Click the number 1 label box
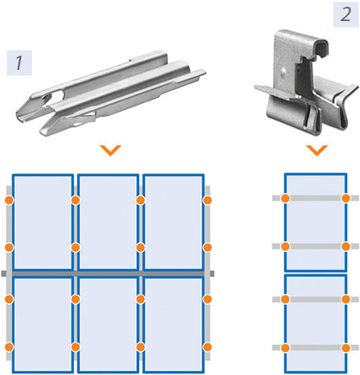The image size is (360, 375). (19, 62)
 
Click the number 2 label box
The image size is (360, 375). (346, 14)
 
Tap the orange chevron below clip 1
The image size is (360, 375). (111, 150)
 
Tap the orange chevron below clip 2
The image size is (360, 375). (317, 150)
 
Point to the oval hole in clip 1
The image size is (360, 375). (57, 96)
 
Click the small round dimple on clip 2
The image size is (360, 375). (284, 71)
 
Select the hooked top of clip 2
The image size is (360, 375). (321, 48)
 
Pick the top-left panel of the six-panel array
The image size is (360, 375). (43, 223)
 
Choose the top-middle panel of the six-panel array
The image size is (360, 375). (108, 223)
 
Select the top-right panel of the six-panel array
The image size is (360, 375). (173, 223)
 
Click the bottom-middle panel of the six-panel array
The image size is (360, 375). (108, 325)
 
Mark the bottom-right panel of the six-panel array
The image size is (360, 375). (173, 325)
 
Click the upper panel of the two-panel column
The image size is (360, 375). (316, 223)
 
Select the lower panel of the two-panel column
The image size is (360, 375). (316, 324)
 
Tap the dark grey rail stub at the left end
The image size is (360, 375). (4, 274)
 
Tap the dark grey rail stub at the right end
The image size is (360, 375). (212, 274)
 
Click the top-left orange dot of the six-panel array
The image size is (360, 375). (10, 200)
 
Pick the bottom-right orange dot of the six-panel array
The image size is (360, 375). (207, 346)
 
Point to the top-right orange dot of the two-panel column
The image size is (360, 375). (346, 198)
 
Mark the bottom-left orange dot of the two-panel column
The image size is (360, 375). (285, 348)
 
